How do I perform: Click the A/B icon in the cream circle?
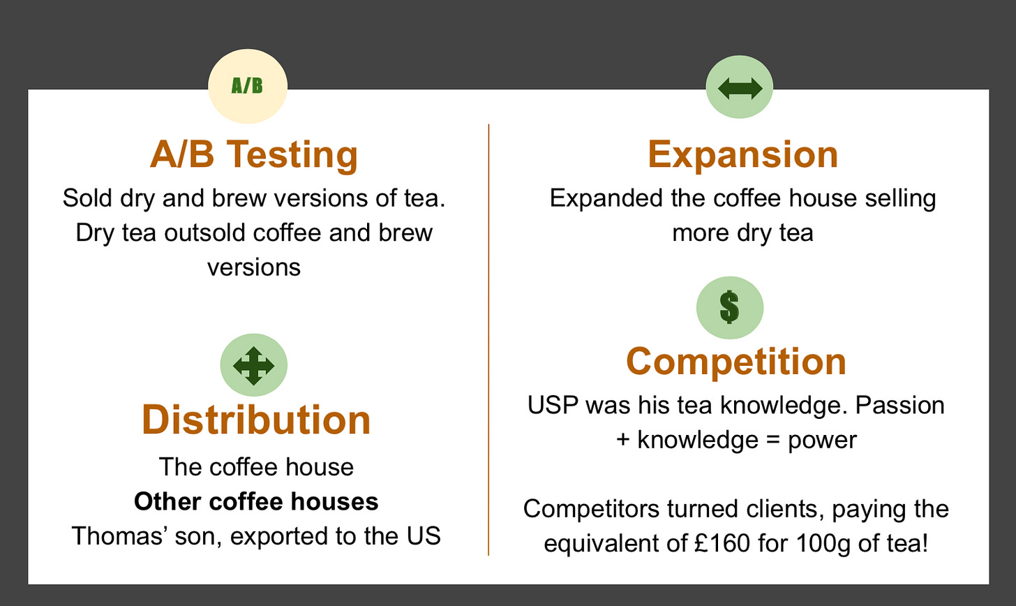(x=247, y=85)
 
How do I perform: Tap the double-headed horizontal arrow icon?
(x=740, y=88)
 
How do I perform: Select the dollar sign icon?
(x=729, y=307)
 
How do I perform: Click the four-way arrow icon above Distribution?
(x=253, y=365)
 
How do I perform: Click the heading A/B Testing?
(x=254, y=154)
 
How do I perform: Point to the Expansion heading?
(x=742, y=154)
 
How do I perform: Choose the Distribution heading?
(x=256, y=420)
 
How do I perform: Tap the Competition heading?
(x=736, y=362)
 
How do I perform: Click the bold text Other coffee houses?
(x=256, y=501)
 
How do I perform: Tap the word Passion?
(x=900, y=405)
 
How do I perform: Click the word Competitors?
(x=591, y=509)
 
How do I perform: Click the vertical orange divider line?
(x=488, y=339)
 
